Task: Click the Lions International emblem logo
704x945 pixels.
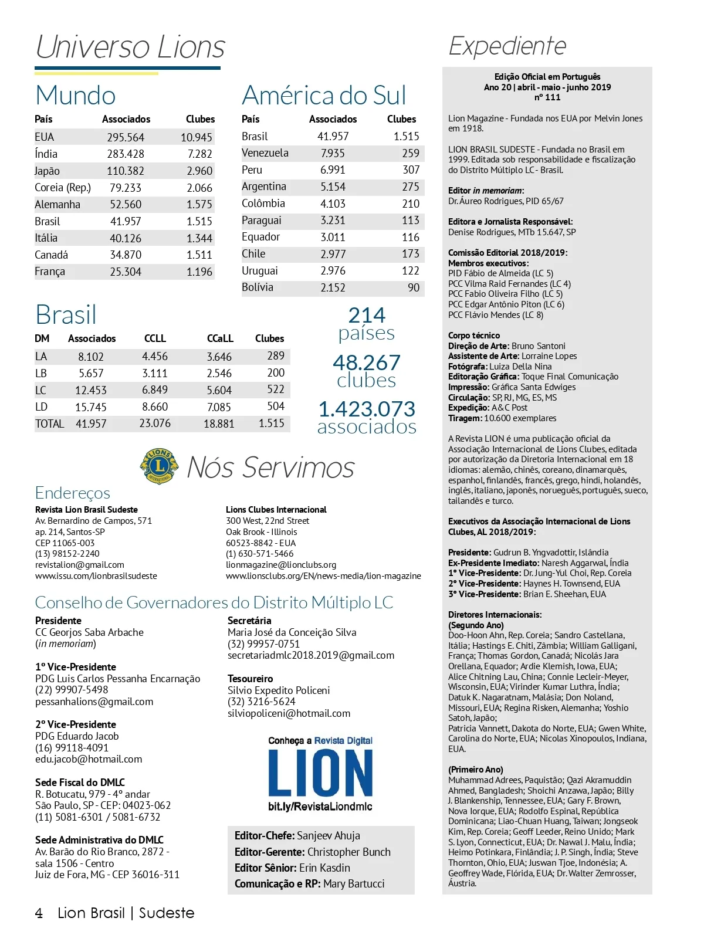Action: [158, 467]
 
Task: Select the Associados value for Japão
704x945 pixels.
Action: [126, 171]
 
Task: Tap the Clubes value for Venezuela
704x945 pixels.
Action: [411, 153]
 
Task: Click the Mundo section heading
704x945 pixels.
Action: [76, 96]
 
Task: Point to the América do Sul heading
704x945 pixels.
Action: [324, 96]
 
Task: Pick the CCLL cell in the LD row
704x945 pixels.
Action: [155, 407]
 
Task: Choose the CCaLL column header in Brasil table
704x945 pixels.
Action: [220, 338]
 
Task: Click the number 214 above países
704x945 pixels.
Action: [367, 316]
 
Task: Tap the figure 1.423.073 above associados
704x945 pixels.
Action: [367, 409]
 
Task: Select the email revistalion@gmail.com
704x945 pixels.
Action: [80, 565]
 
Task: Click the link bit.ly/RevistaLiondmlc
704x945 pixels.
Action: [320, 807]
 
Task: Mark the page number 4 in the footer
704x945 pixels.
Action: [39, 913]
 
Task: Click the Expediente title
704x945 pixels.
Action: [507, 46]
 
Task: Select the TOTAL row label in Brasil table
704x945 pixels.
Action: [49, 424]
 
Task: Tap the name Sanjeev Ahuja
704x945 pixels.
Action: [329, 836]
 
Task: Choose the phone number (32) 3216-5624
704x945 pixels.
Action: [262, 702]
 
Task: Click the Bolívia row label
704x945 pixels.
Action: [258, 287]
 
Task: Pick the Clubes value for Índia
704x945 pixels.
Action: [200, 154]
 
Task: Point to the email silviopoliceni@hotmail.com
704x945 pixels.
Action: [289, 713]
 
